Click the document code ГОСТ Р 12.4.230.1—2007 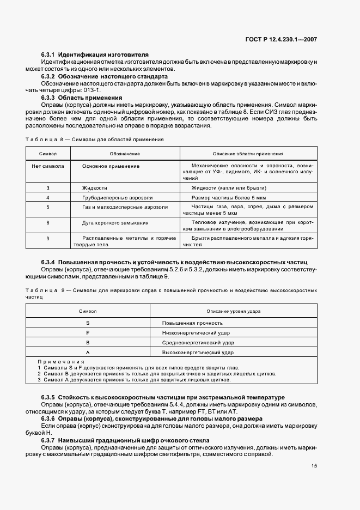(289, 39)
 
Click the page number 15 (314, 466)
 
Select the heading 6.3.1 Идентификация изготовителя (95, 56)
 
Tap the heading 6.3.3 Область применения (82, 98)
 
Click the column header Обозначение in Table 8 (125, 154)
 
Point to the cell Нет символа (48, 166)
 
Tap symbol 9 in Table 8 (48, 238)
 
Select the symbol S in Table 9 (88, 323)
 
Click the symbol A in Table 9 (88, 352)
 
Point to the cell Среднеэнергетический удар (198, 342)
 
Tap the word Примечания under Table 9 (61, 362)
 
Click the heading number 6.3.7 (48, 440)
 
